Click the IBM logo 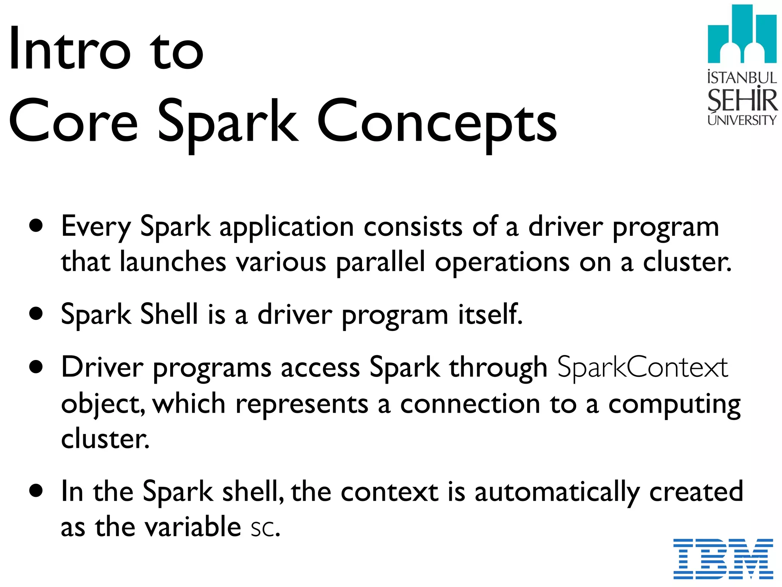[723, 558]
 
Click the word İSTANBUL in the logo [742, 78]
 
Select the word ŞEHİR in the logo [742, 100]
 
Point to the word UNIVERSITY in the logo [742, 120]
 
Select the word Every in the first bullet [96, 227]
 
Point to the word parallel [380, 263]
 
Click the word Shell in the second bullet [169, 315]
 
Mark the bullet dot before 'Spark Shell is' [36, 314]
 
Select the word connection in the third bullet [470, 404]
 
